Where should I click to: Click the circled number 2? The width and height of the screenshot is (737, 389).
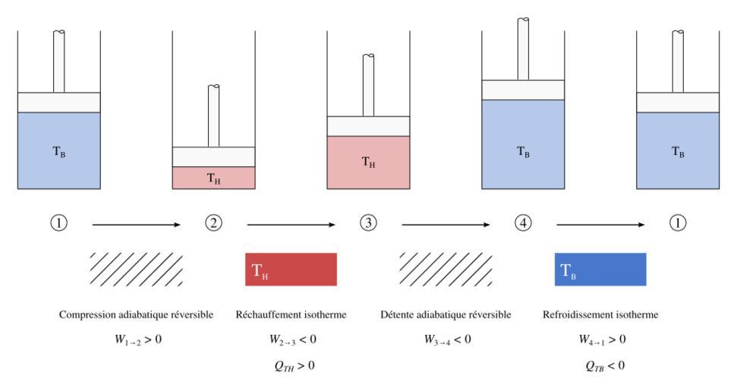213,224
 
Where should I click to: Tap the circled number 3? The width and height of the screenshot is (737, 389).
368,224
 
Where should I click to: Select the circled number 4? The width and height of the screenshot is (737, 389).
523,224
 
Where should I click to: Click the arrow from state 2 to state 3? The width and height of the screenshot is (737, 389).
291,224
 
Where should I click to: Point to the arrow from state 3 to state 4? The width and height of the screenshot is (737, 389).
446,224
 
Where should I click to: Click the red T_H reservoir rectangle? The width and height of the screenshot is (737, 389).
291,270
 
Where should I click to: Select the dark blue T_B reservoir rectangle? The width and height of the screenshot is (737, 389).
600,270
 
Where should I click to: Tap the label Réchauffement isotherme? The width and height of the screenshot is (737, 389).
291,315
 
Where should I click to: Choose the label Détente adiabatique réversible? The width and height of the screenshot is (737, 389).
446,315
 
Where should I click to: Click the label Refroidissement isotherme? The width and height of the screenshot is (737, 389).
600,315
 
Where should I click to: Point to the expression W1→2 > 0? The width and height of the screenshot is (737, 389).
137,339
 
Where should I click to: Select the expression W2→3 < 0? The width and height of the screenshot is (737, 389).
291,339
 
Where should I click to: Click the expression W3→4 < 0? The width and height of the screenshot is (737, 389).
446,339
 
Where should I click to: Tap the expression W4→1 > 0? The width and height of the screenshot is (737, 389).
600,339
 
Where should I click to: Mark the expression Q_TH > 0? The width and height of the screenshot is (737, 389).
291,365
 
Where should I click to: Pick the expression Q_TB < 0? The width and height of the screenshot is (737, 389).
600,365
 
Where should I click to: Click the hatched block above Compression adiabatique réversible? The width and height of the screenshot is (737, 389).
136,270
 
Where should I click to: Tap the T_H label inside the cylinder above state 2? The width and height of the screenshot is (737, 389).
213,179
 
